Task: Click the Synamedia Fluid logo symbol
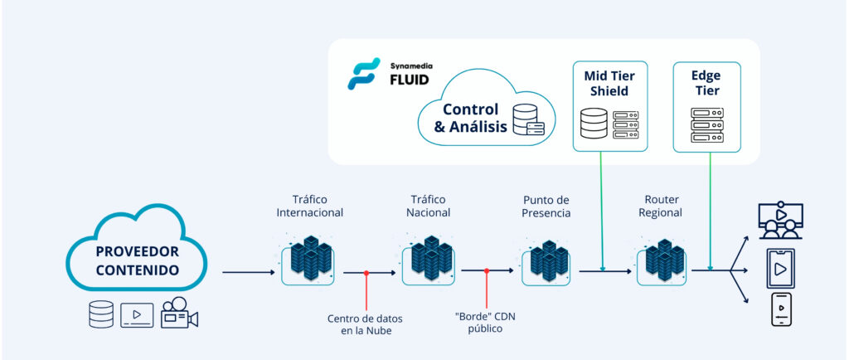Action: (364, 74)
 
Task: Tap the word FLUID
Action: (410, 80)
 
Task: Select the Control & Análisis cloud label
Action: (471, 118)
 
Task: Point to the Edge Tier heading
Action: (706, 83)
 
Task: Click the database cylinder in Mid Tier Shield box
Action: (594, 124)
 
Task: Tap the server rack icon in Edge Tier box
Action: (707, 125)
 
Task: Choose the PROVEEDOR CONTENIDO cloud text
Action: (137, 260)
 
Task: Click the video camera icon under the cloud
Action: (179, 314)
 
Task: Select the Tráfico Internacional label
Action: (310, 206)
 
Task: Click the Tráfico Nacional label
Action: (428, 206)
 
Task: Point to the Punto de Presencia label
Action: (546, 206)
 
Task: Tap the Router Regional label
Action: (660, 206)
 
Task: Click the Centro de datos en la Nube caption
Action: (365, 324)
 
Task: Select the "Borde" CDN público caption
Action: (485, 324)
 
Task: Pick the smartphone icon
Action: (781, 309)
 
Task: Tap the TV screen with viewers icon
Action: (781, 221)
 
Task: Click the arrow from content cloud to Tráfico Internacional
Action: (249, 272)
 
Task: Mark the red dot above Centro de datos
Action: (366, 273)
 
